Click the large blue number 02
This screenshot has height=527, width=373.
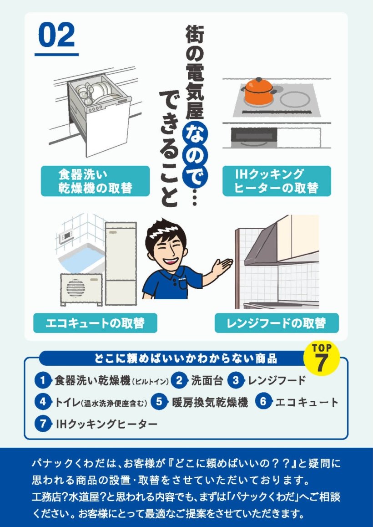[56, 35]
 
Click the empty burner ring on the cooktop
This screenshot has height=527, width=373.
[296, 99]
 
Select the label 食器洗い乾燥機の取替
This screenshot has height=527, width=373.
[96, 181]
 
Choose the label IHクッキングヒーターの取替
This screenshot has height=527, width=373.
[277, 181]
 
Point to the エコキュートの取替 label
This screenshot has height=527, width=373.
[96, 323]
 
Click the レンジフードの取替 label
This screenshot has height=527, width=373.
[277, 323]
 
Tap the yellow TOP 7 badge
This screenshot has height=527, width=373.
[321, 358]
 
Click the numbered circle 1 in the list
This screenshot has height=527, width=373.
[43, 381]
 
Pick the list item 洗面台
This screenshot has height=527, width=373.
[207, 381]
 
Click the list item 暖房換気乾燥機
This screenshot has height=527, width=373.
[210, 402]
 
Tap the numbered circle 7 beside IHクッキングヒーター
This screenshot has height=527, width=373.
[43, 424]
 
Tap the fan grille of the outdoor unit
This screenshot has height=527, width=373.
[76, 288]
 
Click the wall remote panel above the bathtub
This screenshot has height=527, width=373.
[66, 237]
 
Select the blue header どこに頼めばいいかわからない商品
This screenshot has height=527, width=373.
[186, 358]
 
